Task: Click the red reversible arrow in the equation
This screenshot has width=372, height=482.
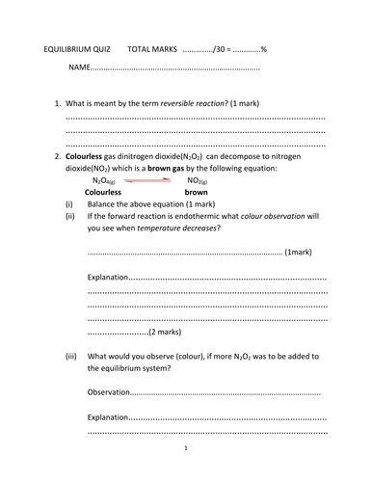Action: [x=150, y=180]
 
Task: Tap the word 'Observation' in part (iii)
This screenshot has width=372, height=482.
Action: [x=107, y=392]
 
